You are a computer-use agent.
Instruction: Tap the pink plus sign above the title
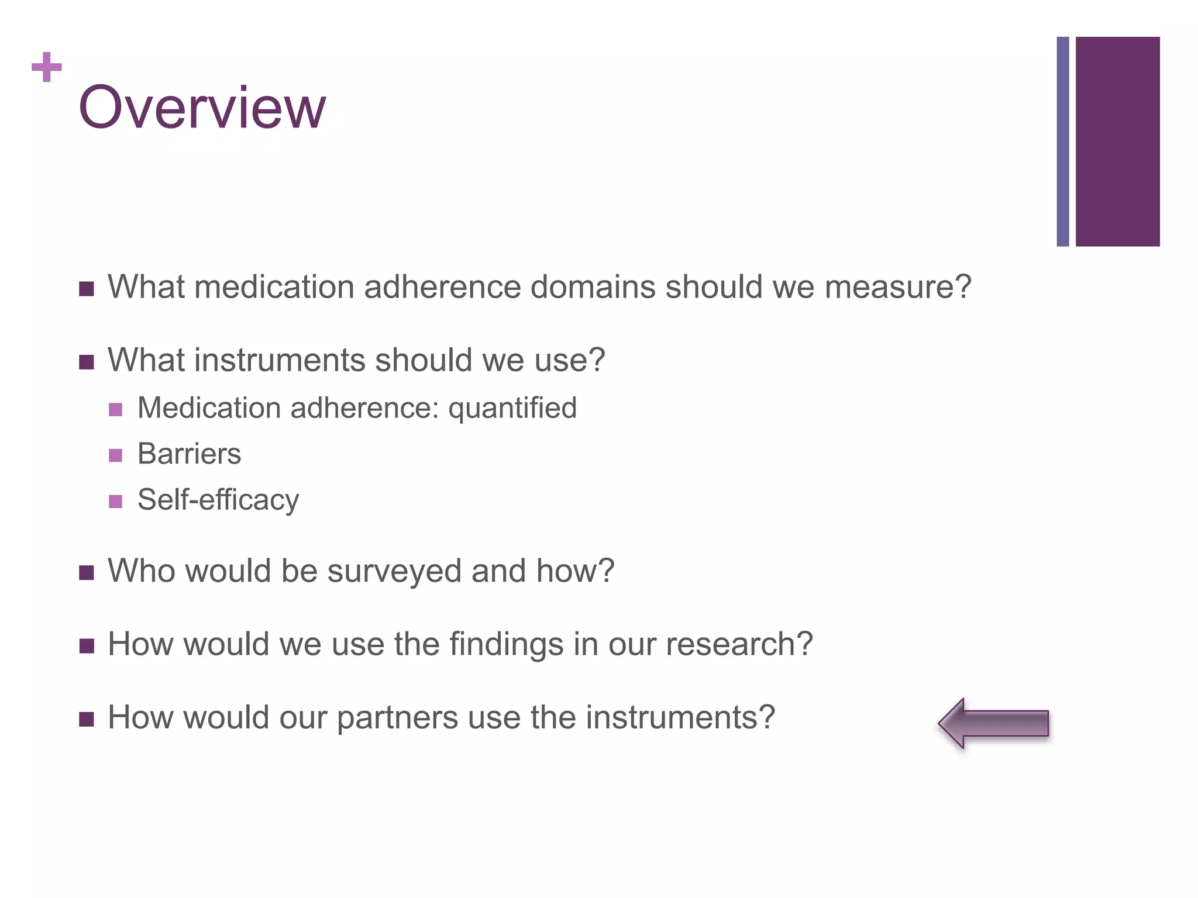pos(47,67)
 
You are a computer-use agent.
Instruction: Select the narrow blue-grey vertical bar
pos(1062,141)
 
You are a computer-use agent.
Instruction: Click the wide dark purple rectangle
pos(1117,141)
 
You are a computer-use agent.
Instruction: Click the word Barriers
pos(189,454)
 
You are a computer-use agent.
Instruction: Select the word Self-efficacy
pos(218,500)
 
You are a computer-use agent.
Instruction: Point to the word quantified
pos(512,408)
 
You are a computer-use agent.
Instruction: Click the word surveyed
pos(394,571)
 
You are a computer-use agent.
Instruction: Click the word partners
pos(397,717)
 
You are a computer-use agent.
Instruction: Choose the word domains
pos(592,287)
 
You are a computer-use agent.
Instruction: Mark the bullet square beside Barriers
pos(116,455)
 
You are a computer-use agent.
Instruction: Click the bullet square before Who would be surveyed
pos(87,572)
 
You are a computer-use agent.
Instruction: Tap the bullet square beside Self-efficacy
pos(116,502)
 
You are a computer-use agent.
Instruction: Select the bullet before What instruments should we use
pos(87,362)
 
